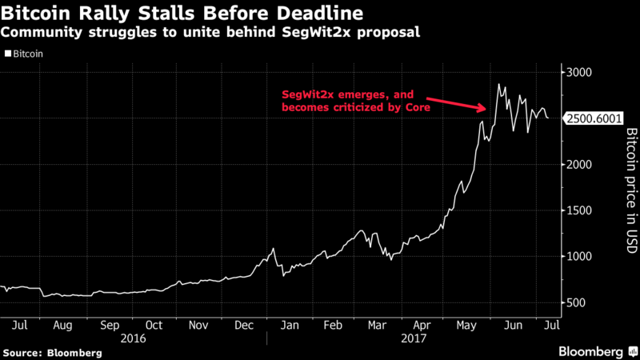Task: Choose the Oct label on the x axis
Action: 154,325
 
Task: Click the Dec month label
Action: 244,325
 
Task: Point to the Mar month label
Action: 377,325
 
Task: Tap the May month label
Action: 465,325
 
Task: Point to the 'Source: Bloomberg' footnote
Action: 53,353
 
